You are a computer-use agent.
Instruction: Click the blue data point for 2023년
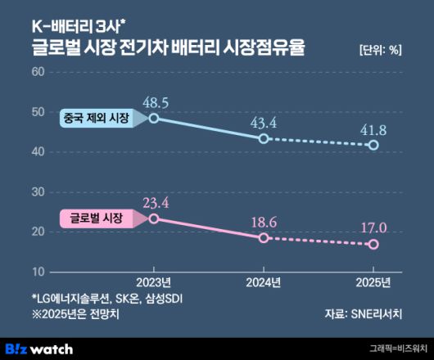(154, 119)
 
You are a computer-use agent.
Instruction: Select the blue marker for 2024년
(264, 138)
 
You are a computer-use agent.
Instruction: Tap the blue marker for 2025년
(373, 145)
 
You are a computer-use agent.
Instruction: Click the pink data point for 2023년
(154, 218)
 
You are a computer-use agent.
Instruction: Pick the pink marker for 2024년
(264, 237)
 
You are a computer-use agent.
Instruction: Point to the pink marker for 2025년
(373, 244)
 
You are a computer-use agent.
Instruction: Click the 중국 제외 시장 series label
(96, 119)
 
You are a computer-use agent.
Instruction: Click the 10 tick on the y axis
(38, 271)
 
